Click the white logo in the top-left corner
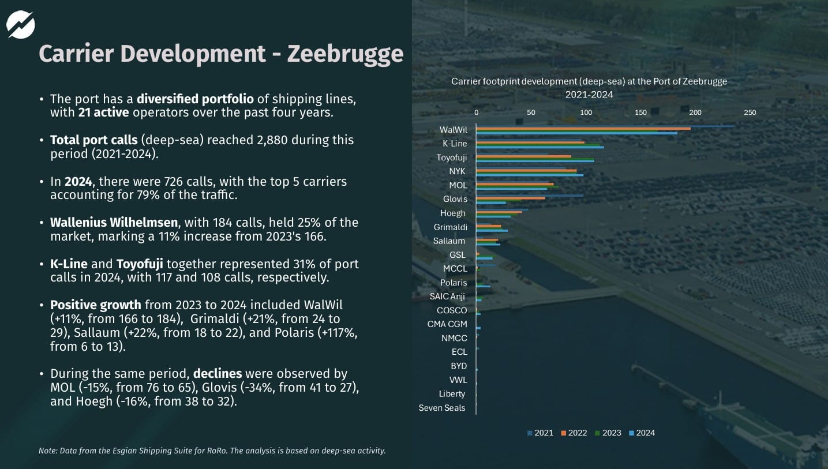(21, 25)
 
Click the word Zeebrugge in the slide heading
(344, 54)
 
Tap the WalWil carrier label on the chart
(453, 130)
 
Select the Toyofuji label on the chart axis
(451, 157)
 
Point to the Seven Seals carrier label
(442, 408)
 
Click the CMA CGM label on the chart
(447, 324)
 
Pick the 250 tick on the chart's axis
(750, 112)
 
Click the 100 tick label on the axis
(586, 112)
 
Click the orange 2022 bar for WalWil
(583, 129)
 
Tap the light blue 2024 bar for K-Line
(539, 147)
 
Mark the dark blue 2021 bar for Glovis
(529, 196)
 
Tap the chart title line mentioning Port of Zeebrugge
(589, 82)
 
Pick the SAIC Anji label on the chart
(447, 297)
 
